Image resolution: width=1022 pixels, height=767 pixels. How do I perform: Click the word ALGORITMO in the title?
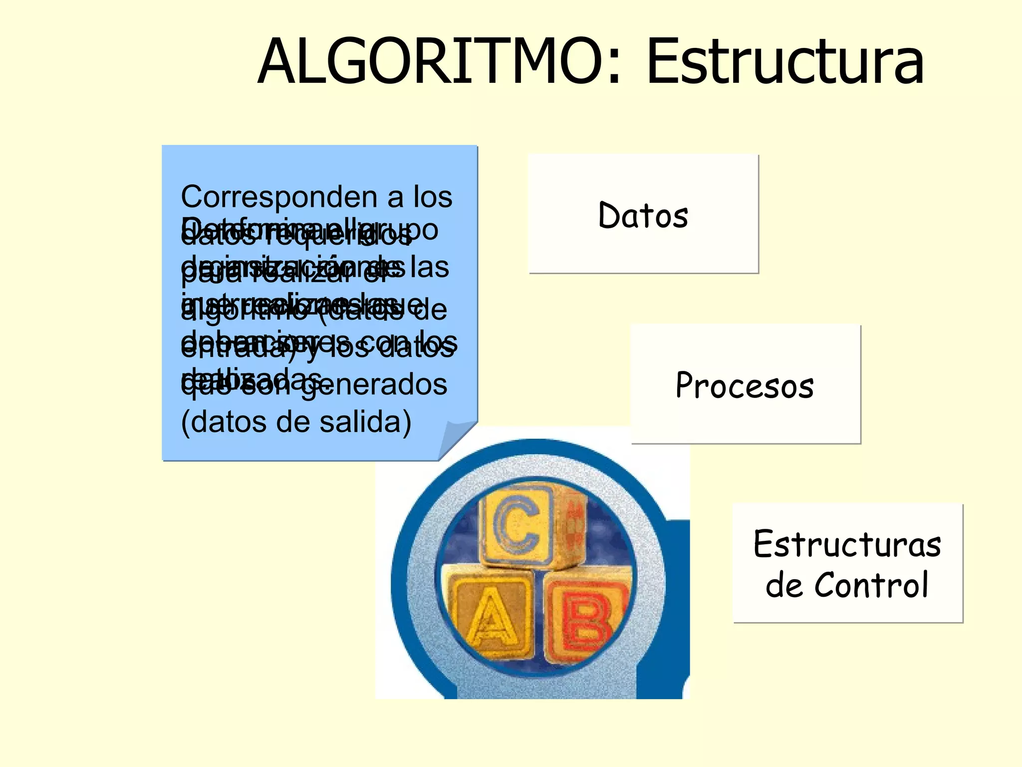pos(429,62)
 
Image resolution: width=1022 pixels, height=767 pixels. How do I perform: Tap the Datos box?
pos(643,214)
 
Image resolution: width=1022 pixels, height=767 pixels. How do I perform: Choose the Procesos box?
pos(746,384)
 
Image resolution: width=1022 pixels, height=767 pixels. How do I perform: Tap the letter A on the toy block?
pos(492,617)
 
